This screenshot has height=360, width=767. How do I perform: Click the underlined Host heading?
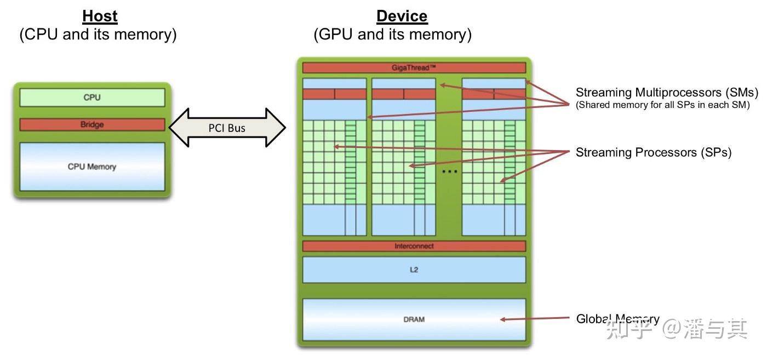tap(100, 16)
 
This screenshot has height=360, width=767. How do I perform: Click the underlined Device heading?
tap(402, 16)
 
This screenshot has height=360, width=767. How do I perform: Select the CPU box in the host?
tap(92, 98)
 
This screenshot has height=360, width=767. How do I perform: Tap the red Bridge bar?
tap(92, 124)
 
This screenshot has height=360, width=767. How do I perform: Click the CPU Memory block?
tap(92, 167)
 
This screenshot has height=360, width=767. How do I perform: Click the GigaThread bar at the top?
tap(414, 67)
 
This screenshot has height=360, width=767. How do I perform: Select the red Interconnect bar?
tap(414, 246)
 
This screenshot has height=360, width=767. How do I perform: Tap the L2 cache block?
tap(414, 270)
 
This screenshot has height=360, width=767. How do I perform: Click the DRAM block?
tap(414, 319)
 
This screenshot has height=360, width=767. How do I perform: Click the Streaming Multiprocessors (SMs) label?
tap(666, 92)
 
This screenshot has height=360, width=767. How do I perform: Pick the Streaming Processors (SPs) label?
tap(653, 152)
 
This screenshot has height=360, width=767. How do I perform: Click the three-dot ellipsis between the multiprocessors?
tap(449, 172)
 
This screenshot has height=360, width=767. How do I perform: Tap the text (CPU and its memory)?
tap(98, 35)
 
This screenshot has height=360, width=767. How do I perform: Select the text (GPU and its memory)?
tap(392, 35)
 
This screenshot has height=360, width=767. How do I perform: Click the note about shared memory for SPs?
tap(662, 105)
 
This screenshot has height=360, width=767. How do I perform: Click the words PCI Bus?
tap(227, 128)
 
